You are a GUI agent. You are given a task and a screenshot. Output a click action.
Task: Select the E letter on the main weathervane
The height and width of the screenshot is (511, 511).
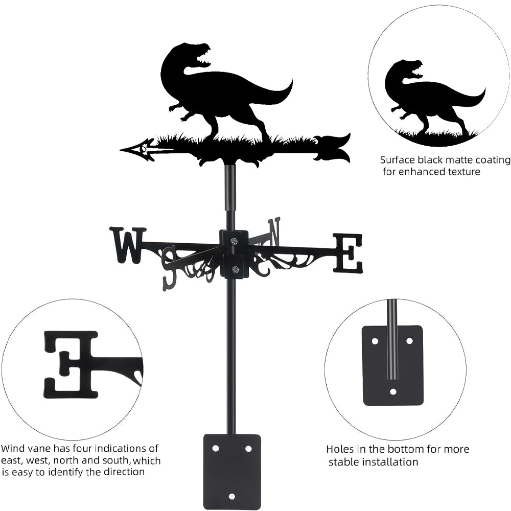(348, 252)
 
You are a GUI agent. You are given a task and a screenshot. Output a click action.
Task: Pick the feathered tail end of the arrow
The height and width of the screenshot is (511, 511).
(335, 147)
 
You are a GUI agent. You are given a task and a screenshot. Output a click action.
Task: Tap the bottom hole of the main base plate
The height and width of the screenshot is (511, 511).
(232, 496)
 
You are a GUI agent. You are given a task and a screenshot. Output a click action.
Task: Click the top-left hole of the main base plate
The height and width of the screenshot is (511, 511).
(216, 448)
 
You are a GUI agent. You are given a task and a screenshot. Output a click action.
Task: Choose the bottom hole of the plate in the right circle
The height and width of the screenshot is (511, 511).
(393, 392)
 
